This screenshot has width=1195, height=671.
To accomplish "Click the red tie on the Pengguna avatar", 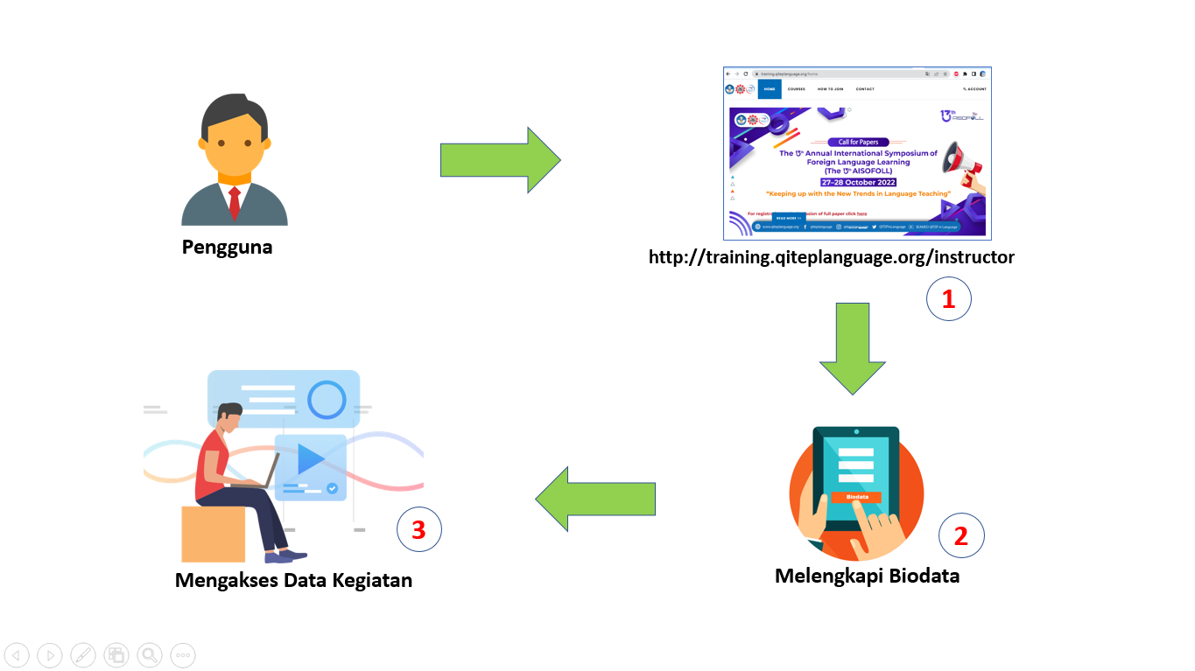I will click(x=234, y=202).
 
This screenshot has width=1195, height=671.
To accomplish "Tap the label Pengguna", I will click(x=227, y=247).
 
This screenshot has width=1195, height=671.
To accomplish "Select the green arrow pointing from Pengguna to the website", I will click(x=499, y=160).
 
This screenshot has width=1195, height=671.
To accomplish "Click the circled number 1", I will click(x=949, y=300).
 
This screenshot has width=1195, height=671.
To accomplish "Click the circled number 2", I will click(x=961, y=535).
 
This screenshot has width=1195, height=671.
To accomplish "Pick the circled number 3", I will click(x=418, y=529).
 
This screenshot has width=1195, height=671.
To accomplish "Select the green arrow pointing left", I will click(x=595, y=499).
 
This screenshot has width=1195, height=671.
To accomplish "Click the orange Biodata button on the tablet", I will click(x=856, y=497).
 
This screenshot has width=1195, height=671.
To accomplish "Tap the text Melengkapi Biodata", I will click(x=867, y=576).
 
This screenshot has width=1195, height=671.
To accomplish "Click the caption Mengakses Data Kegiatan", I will click(x=293, y=580).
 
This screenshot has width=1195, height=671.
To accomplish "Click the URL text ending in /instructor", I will click(x=831, y=257).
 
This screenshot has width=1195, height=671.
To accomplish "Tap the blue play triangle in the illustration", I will click(x=310, y=458).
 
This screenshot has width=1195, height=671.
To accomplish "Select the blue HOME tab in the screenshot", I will click(x=770, y=89).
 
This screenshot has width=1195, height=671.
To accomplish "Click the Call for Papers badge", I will click(x=858, y=142).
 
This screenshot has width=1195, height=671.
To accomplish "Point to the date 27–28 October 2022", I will click(x=858, y=182).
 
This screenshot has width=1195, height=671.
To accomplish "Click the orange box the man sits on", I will click(x=213, y=534).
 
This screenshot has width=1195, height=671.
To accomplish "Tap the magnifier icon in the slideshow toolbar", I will click(x=150, y=654).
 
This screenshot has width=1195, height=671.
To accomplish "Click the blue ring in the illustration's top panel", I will click(x=327, y=400).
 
